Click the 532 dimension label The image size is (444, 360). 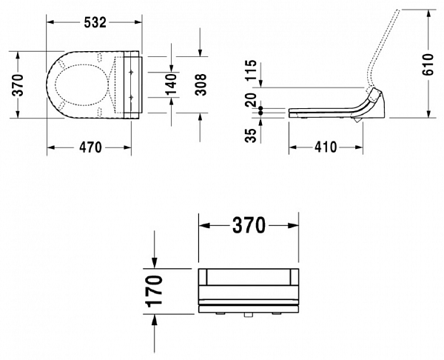pos(94,22)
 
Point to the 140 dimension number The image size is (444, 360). pos(169,84)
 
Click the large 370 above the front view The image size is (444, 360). pos(249,226)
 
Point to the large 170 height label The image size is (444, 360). pos(154,290)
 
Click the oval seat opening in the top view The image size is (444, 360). pos(80,84)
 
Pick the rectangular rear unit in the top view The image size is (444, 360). pos(129,84)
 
